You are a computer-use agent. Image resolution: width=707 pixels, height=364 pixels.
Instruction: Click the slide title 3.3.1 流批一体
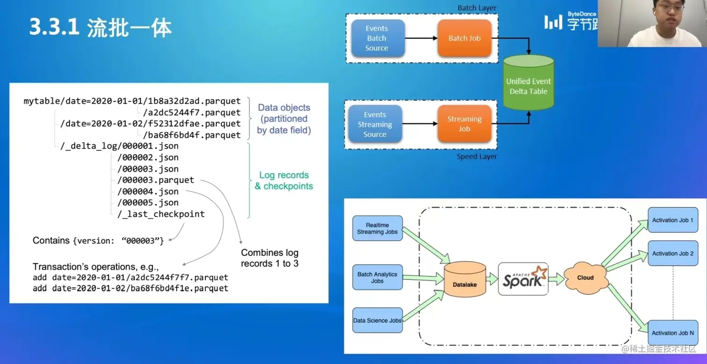pyautogui.click(x=101, y=28)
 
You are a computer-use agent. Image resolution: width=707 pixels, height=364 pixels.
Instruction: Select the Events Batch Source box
pyautogui.click(x=377, y=38)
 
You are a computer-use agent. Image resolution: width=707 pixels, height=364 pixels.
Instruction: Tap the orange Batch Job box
pyautogui.click(x=464, y=38)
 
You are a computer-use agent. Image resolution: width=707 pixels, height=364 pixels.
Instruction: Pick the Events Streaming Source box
pyautogui.click(x=375, y=124)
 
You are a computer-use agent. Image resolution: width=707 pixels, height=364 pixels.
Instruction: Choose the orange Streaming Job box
pyautogui.click(x=464, y=124)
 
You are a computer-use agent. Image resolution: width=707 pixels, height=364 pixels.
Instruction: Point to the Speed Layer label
pyautogui.click(x=476, y=157)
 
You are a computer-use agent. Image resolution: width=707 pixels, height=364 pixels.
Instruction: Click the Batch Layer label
pyautogui.click(x=477, y=8)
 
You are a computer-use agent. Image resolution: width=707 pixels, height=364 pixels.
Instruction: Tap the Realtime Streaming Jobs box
pyautogui.click(x=377, y=228)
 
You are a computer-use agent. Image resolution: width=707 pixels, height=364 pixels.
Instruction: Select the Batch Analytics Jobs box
pyautogui.click(x=377, y=277)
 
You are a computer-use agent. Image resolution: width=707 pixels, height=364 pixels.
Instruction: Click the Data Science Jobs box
pyautogui.click(x=377, y=320)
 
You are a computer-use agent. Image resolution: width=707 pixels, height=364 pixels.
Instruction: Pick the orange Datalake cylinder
pyautogui.click(x=464, y=280)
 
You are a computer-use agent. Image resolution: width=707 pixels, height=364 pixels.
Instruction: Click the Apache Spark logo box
pyautogui.click(x=523, y=279)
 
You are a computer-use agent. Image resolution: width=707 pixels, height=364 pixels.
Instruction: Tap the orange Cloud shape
pyautogui.click(x=585, y=278)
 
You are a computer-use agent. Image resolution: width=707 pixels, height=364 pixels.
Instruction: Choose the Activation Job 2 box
pyautogui.click(x=672, y=254)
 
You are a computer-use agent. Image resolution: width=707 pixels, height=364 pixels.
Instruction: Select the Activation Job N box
pyautogui.click(x=672, y=333)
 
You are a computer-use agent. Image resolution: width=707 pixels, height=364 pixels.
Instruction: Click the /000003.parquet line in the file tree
pyautogui.click(x=155, y=180)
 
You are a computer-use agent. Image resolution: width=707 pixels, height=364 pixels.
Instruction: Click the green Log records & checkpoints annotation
pyautogui.click(x=284, y=181)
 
